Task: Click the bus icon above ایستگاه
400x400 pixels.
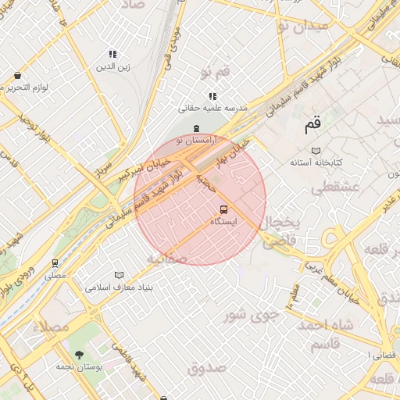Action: (224, 209)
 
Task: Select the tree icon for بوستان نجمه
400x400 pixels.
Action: (78, 354)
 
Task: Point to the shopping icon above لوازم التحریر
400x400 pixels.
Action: (17, 76)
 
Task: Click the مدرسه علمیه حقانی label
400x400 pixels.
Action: (212, 108)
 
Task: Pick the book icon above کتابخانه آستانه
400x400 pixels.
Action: (316, 150)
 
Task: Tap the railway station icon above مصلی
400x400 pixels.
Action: (55, 263)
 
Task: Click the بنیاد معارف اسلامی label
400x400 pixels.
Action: (119, 287)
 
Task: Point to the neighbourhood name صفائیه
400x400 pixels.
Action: (166, 257)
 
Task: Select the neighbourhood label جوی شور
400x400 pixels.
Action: (252, 316)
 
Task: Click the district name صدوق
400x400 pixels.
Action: (207, 367)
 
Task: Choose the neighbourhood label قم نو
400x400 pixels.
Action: (215, 73)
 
